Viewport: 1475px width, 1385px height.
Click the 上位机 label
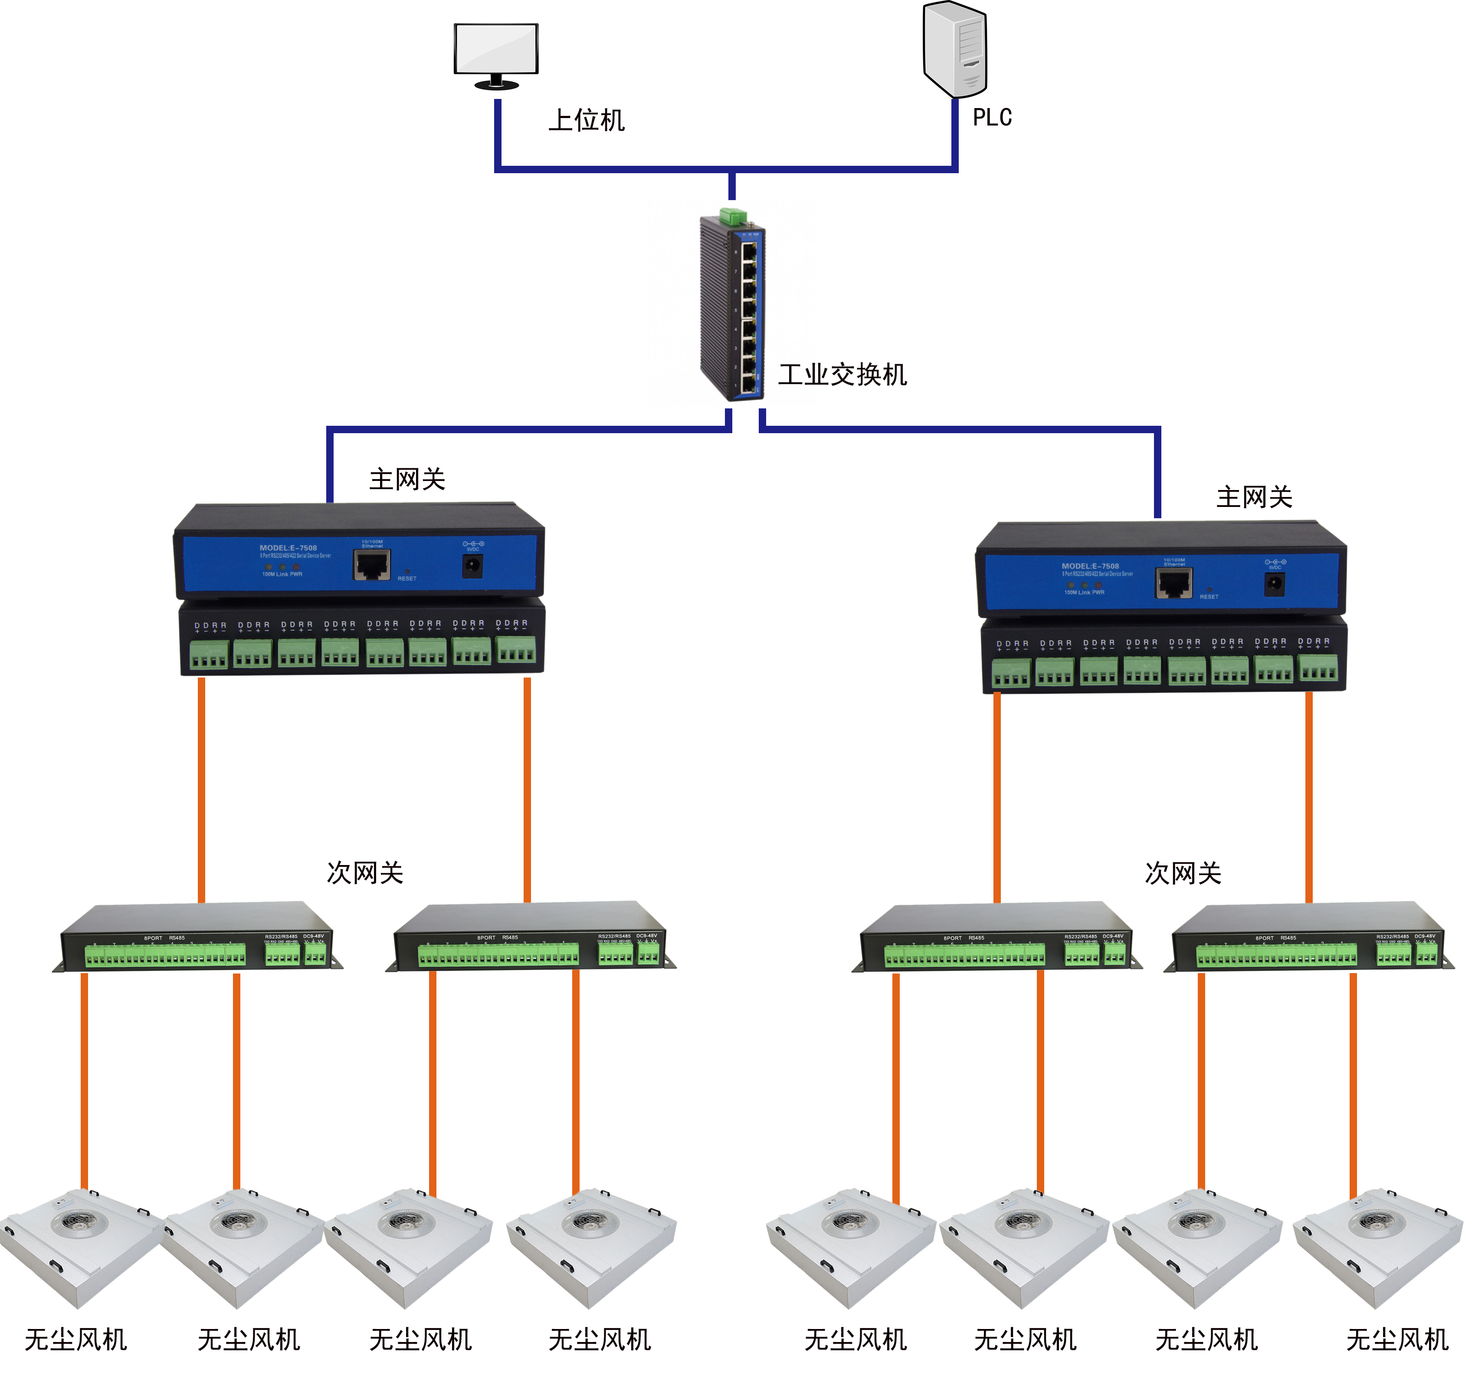(x=586, y=120)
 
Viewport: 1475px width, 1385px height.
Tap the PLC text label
(x=992, y=117)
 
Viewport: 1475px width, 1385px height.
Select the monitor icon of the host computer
(x=495, y=50)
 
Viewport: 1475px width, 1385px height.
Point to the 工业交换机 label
(x=842, y=375)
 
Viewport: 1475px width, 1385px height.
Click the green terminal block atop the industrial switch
(x=732, y=216)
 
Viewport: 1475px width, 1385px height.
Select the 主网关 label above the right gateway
(x=1254, y=497)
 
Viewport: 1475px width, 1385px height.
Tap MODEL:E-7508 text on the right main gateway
(x=1090, y=566)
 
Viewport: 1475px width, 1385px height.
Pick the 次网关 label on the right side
(x=1183, y=874)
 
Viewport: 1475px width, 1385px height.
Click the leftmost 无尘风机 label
(x=75, y=1340)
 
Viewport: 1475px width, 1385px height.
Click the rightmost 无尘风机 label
(x=1397, y=1340)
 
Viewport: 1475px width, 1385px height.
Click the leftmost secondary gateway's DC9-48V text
(x=313, y=936)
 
